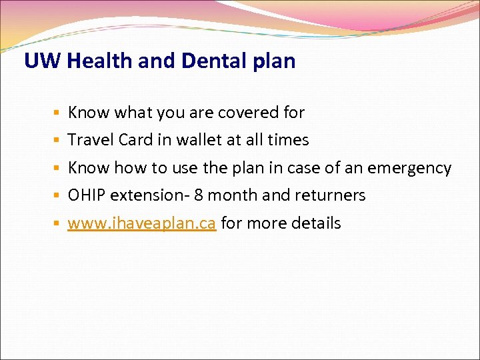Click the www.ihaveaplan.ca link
141,223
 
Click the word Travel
90,140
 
